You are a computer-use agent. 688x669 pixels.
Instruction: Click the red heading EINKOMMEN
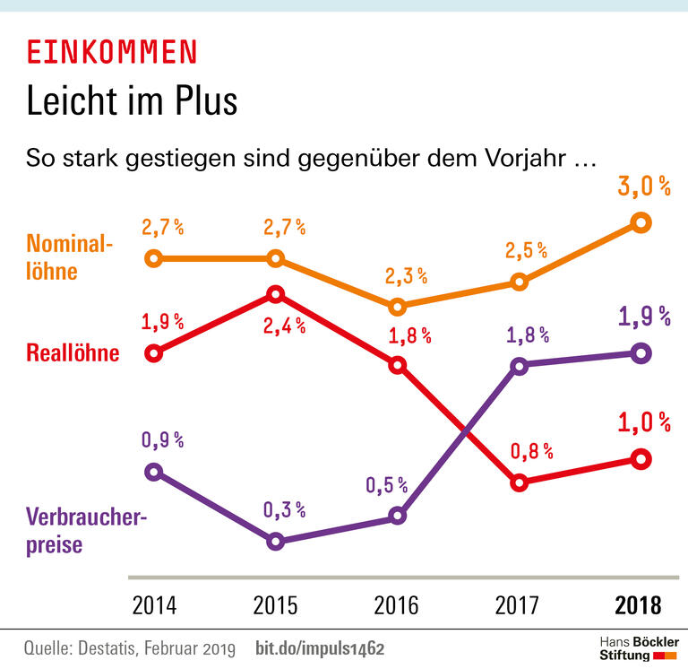tap(111, 53)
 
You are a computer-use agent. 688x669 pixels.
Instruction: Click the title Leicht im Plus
tap(132, 100)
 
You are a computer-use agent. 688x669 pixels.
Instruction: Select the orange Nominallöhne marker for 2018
tap(640, 222)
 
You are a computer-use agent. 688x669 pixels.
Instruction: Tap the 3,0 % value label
tap(643, 187)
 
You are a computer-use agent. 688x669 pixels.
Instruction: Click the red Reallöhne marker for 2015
tap(276, 294)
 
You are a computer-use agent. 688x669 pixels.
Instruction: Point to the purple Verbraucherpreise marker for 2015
tap(276, 541)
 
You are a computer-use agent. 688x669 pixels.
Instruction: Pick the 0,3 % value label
tap(285, 510)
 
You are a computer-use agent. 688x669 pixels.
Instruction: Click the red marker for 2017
tap(518, 482)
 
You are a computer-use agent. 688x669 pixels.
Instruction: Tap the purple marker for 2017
tap(518, 365)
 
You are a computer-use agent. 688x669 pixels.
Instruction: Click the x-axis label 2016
tap(397, 605)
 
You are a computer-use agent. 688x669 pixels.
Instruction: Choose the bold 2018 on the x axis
tap(639, 605)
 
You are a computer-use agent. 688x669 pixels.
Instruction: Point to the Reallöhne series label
tap(73, 353)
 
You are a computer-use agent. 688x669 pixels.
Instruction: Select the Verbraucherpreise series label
tap(85, 530)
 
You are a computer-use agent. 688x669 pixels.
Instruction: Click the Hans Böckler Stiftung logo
tap(638, 649)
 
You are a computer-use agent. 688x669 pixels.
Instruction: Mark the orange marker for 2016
tap(397, 306)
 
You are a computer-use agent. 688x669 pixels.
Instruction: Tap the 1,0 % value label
tap(643, 422)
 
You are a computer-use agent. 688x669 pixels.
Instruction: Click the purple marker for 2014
tap(153, 472)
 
